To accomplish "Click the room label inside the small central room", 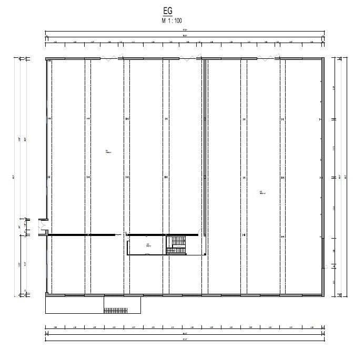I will point(148,244).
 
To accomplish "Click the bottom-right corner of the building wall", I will point(323,295).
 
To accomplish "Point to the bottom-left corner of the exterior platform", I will point(46,313).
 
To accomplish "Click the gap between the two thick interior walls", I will point(120,234).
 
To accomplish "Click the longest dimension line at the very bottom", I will point(184,341).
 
